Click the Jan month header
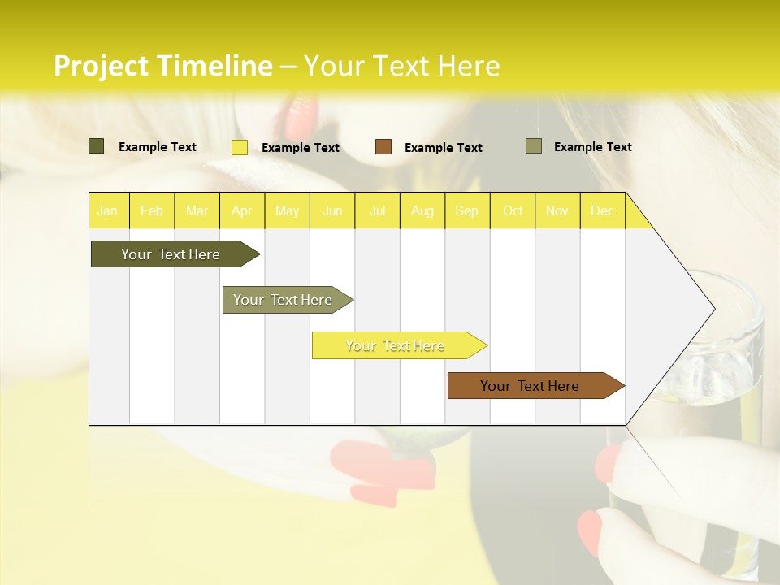(x=108, y=210)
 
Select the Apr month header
(x=242, y=210)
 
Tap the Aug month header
(x=422, y=210)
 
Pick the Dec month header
(x=603, y=210)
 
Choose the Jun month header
(x=332, y=210)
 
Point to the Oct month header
(x=513, y=210)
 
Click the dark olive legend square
(x=97, y=146)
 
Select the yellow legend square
(x=240, y=147)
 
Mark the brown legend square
(x=383, y=147)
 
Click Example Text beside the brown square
(x=444, y=148)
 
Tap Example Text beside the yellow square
(x=301, y=148)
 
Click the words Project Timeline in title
(x=162, y=66)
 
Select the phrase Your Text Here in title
(x=402, y=66)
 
